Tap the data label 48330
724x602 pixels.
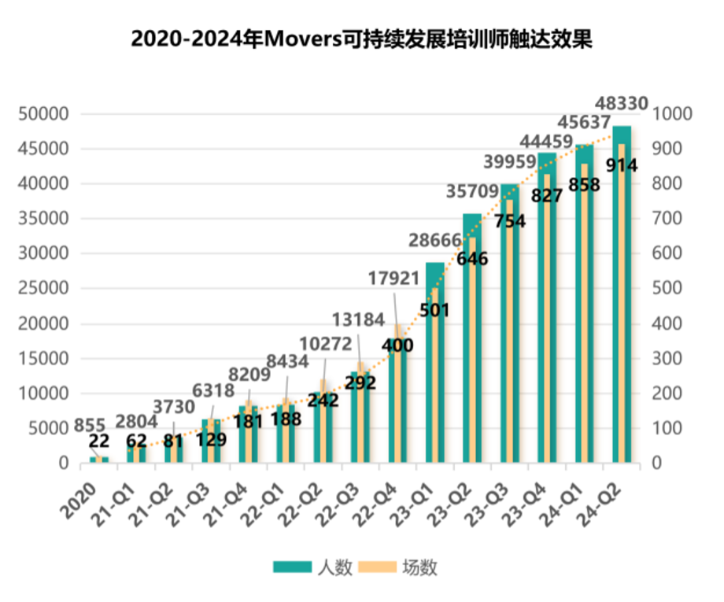(622, 103)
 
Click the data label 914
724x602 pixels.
(621, 165)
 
